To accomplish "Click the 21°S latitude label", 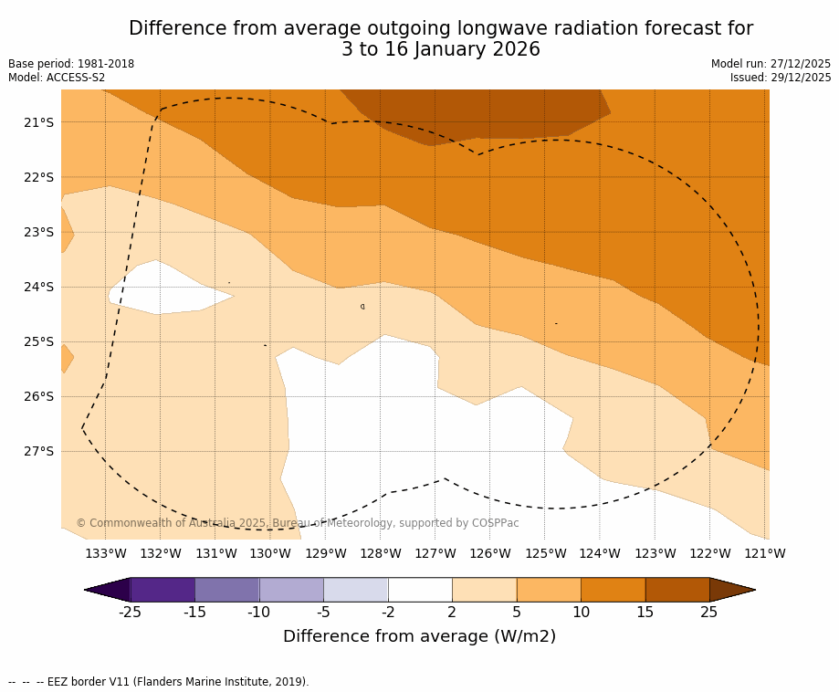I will point(38,122).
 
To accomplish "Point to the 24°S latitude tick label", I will point(38,287).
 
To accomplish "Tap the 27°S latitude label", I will point(38,451).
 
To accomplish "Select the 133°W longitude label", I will point(106,553).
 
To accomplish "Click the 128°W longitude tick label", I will point(380,553).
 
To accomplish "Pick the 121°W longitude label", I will point(764,553).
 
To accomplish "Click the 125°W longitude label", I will point(545,553).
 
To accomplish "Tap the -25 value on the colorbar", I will point(131,612).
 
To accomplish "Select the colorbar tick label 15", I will point(645,612).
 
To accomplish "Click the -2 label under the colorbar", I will point(388,612).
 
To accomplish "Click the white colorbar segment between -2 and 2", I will point(420,590).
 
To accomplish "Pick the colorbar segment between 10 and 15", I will point(613,590).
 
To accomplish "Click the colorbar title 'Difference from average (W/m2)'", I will point(419,636).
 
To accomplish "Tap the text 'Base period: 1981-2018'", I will point(71,64).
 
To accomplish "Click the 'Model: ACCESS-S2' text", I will point(57,78).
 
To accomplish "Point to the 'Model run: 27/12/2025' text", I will point(771,64).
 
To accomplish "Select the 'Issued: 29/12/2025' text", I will point(781,78).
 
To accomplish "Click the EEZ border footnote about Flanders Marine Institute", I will point(159,682).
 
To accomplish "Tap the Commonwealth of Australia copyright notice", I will point(297,523).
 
